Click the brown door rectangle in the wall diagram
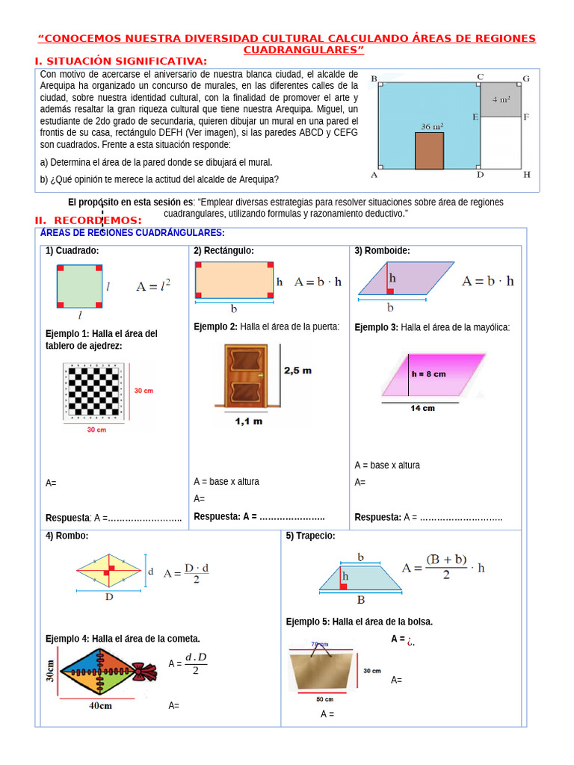point(429,151)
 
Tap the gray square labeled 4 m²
point(501,99)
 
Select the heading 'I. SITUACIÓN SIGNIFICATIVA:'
point(121,61)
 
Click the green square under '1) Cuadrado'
point(79,286)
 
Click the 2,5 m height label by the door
point(297,371)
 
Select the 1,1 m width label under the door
point(248,422)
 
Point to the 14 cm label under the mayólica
point(422,409)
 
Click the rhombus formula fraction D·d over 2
point(197,574)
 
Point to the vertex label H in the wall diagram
point(526,175)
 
